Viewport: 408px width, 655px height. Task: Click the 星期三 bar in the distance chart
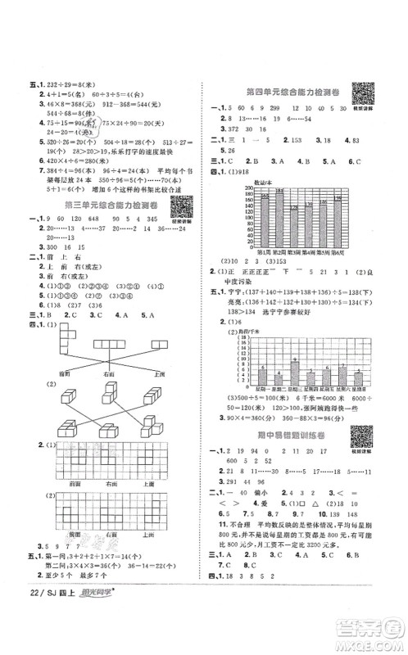(x=296, y=373)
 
